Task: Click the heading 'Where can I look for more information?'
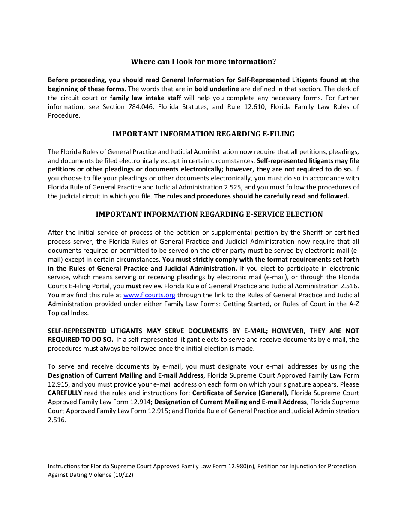(x=203, y=62)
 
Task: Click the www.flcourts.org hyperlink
(x=149, y=295)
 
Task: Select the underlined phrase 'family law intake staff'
(x=145, y=98)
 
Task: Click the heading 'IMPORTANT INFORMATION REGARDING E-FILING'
(x=203, y=134)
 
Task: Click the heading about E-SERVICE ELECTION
(x=209, y=214)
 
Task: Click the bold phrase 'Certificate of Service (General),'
(x=240, y=393)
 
